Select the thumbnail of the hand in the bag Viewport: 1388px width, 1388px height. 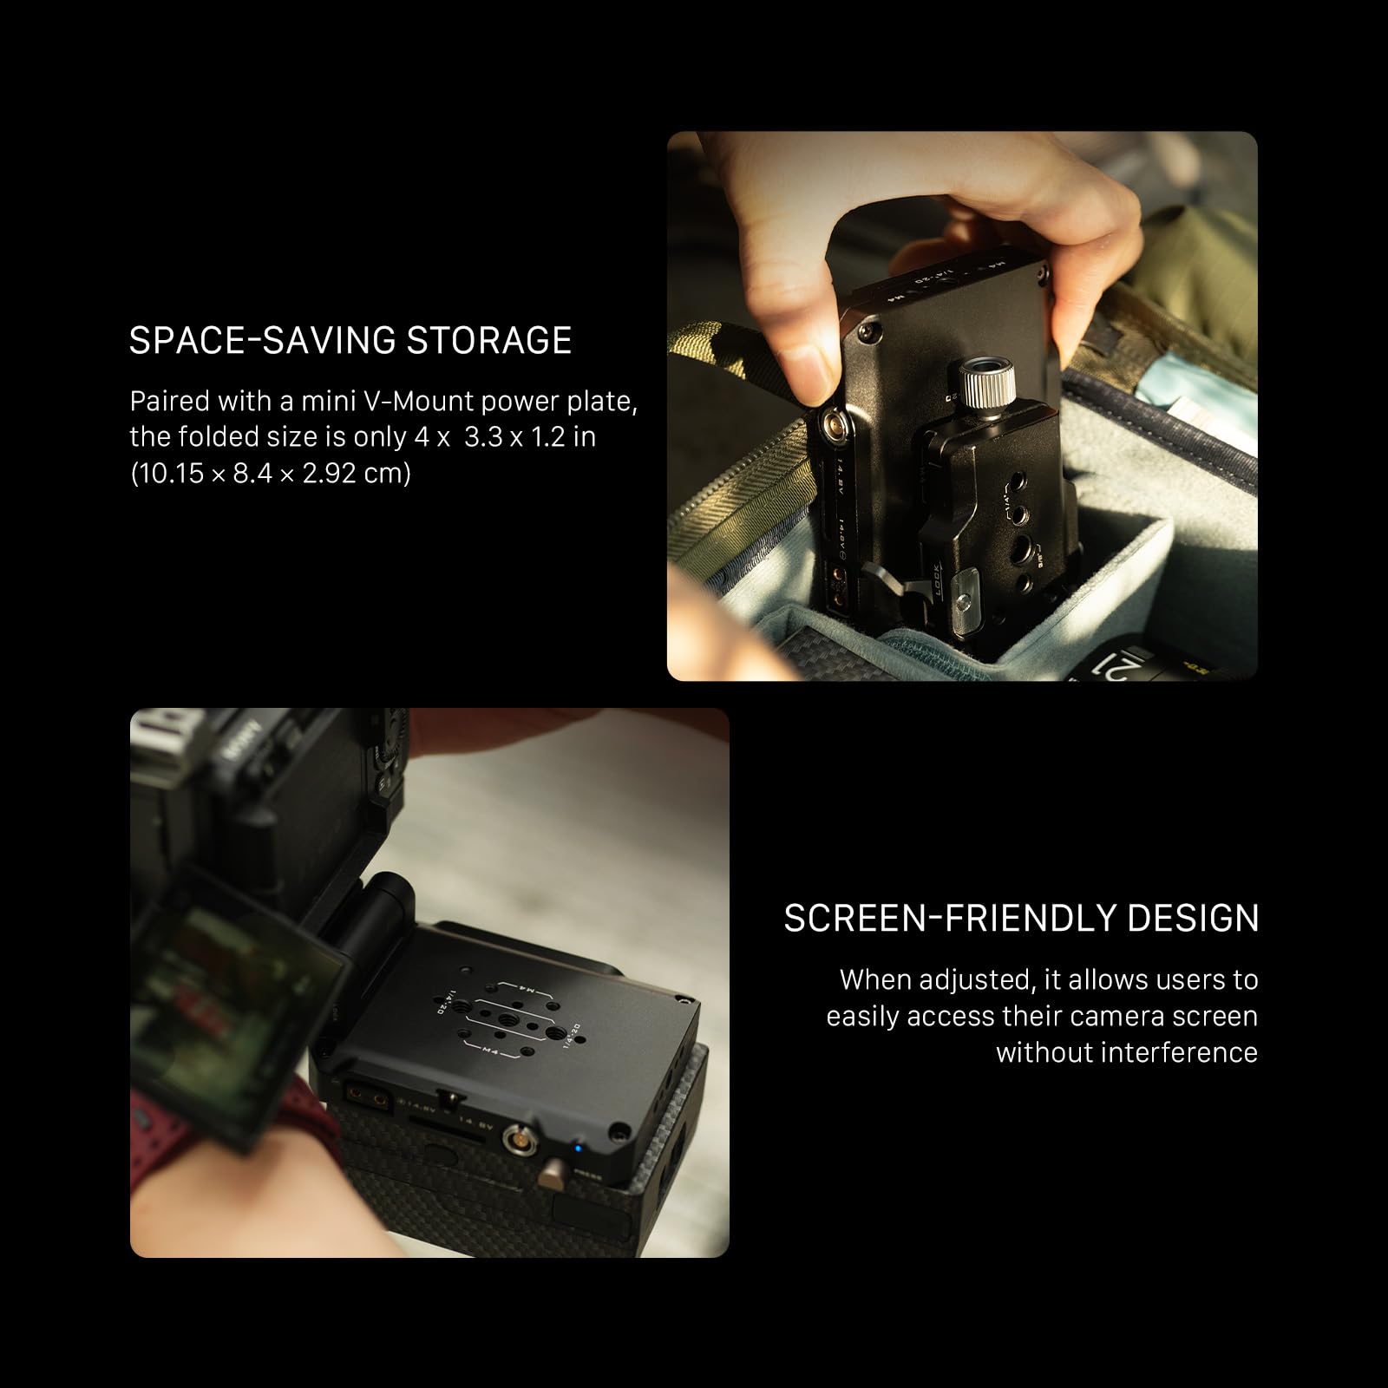tap(961, 406)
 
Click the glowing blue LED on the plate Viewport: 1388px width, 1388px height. tap(577, 1149)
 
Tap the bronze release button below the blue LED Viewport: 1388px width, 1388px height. tap(551, 1178)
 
